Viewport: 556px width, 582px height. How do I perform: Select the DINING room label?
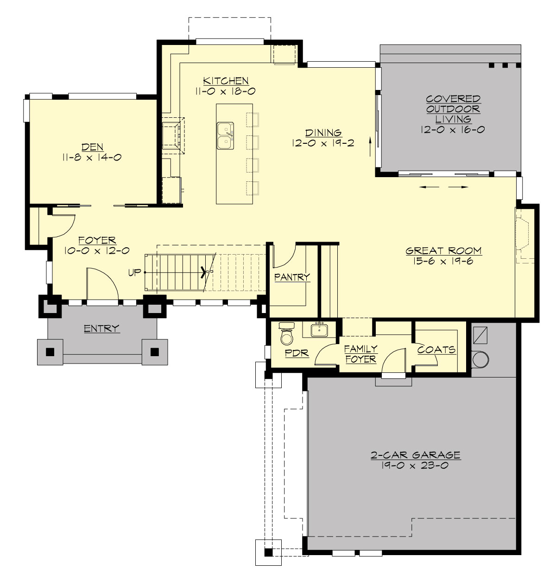[x=323, y=134]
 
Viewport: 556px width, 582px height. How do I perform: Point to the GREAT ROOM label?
[x=443, y=251]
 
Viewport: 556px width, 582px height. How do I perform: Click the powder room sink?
[x=320, y=330]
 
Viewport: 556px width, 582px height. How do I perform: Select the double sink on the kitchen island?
[x=225, y=135]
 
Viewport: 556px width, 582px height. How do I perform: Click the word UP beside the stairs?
[x=134, y=273]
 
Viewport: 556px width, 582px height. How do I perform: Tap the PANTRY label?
[x=292, y=277]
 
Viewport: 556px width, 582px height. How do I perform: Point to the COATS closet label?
[x=436, y=350]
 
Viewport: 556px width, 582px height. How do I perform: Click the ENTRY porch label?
[x=101, y=329]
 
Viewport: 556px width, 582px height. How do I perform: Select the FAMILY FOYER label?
[x=360, y=354]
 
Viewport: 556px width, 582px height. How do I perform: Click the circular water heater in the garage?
[x=480, y=359]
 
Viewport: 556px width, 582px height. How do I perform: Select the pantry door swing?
[x=283, y=256]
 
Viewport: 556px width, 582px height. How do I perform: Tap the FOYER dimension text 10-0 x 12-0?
[x=97, y=250]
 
